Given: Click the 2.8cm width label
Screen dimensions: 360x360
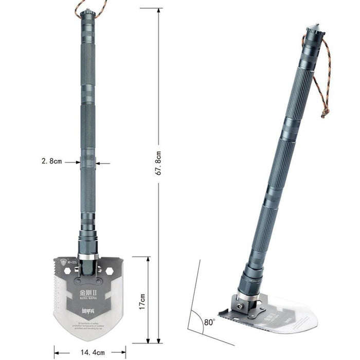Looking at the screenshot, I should tap(51, 161).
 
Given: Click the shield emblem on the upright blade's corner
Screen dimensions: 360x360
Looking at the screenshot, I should tap(63, 261).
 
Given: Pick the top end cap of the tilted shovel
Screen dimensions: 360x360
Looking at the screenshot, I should tap(315, 30).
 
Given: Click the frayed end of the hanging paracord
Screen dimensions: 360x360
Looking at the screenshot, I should tap(325, 113).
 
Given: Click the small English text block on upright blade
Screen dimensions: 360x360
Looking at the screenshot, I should tap(88, 323).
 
